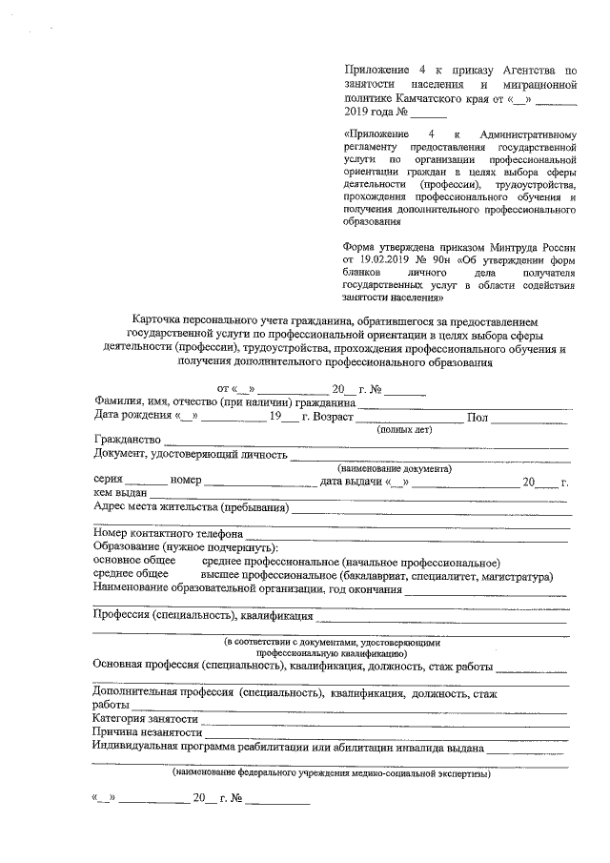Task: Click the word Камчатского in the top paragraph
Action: [414, 98]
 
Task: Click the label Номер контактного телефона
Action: [167, 535]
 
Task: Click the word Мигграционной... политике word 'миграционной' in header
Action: [538, 84]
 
